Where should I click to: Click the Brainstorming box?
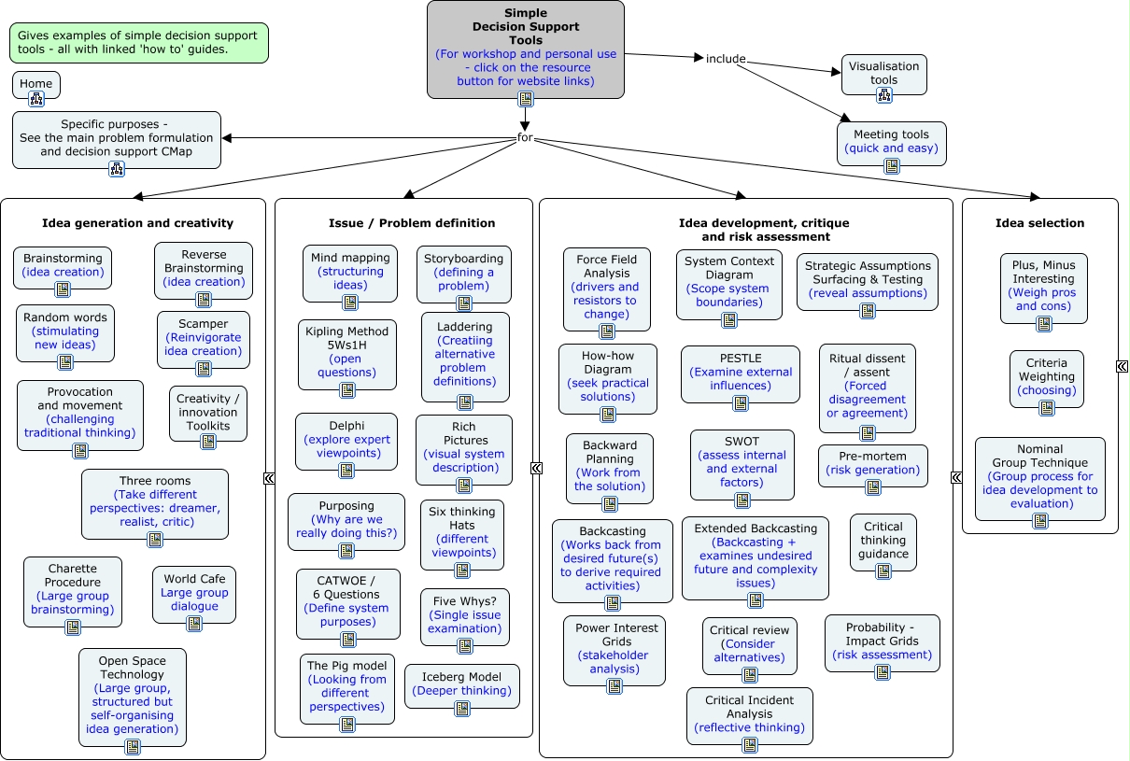63,267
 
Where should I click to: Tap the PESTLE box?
740,373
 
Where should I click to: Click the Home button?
36,85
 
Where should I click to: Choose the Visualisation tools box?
883,74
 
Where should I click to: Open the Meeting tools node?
891,143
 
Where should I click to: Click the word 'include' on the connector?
726,59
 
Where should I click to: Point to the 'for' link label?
525,138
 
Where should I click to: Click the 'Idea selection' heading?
1039,223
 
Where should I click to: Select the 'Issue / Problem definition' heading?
412,223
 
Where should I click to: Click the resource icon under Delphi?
346,470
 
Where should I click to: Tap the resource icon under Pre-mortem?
873,486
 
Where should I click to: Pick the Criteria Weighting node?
1046,378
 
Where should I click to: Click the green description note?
139,43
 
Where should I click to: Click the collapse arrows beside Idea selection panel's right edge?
1123,367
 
